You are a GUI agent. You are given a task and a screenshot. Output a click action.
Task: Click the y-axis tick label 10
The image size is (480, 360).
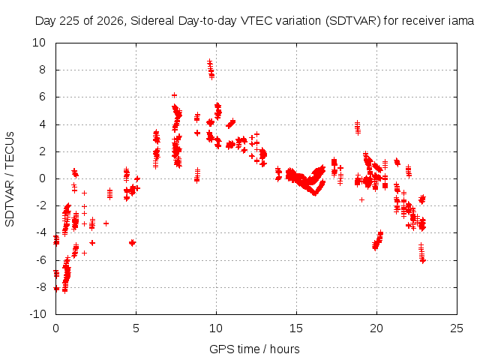pyautogui.click(x=39, y=43)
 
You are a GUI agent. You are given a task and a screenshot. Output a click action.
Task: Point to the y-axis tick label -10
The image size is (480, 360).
pyautogui.click(x=37, y=314)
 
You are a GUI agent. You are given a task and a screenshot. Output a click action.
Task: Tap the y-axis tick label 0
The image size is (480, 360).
pyautogui.click(x=42, y=178)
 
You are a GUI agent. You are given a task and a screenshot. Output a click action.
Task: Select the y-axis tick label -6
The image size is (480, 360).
pyautogui.click(x=40, y=260)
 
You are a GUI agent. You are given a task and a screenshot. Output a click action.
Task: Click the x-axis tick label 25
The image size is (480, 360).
pyautogui.click(x=457, y=328)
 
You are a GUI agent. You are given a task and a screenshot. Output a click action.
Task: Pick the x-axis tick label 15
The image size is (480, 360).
pyautogui.click(x=296, y=328)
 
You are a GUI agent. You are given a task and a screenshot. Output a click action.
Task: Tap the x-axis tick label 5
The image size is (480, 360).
pyautogui.click(x=136, y=328)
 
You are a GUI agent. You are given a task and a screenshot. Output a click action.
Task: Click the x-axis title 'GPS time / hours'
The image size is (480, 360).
pyautogui.click(x=254, y=349)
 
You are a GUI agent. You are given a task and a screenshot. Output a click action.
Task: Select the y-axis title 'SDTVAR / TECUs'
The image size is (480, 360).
pyautogui.click(x=10, y=179)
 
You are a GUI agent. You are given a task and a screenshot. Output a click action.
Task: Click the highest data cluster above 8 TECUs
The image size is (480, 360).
pyautogui.click(x=211, y=69)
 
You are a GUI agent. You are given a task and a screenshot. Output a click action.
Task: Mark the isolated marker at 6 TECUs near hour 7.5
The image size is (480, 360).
pyautogui.click(x=174, y=95)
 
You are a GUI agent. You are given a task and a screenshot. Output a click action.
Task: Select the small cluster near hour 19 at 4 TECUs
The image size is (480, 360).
pyautogui.click(x=357, y=127)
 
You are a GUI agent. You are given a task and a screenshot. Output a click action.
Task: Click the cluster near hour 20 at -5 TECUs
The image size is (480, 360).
pyautogui.click(x=377, y=241)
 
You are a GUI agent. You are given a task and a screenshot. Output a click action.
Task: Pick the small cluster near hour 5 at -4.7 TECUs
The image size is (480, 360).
pyautogui.click(x=132, y=243)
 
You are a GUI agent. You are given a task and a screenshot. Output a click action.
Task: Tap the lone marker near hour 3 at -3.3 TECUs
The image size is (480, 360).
pyautogui.click(x=106, y=223)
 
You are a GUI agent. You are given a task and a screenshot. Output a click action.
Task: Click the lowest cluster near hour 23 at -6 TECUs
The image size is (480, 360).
pyautogui.click(x=422, y=253)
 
